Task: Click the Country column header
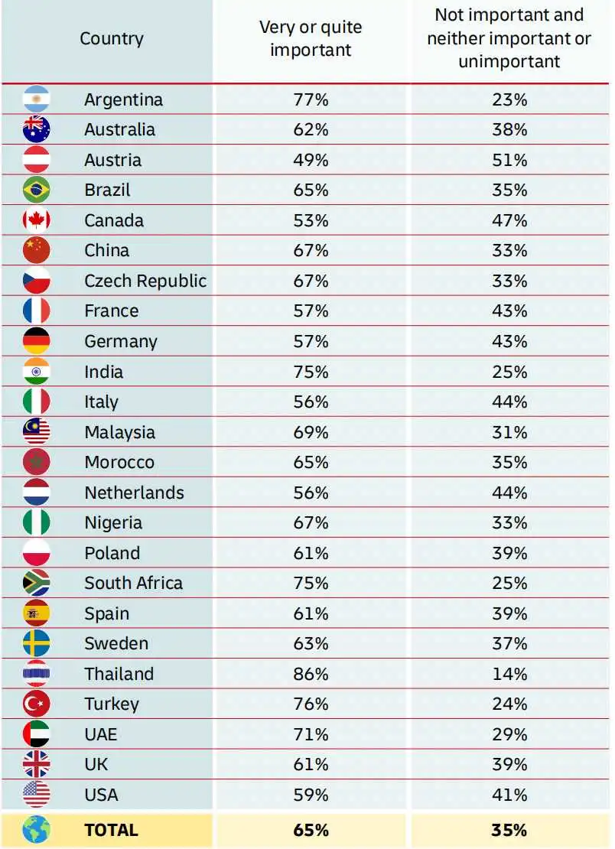click(x=112, y=39)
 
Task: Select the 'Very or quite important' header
click(x=311, y=38)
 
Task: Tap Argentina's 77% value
click(x=311, y=99)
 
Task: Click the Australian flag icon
click(x=36, y=129)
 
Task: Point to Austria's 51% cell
click(x=509, y=161)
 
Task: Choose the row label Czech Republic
click(x=145, y=281)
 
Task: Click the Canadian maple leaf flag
click(x=36, y=220)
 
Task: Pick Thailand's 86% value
click(x=311, y=674)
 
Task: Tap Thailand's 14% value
click(x=509, y=674)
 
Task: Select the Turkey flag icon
click(x=36, y=704)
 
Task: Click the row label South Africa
click(x=134, y=583)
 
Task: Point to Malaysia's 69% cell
click(x=311, y=432)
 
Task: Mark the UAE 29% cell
click(x=509, y=734)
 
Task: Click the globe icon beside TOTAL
click(x=36, y=830)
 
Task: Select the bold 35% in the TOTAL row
click(x=509, y=830)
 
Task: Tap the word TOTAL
click(x=112, y=830)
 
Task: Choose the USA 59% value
click(x=311, y=795)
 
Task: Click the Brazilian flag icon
click(x=36, y=190)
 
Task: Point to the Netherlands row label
click(x=135, y=493)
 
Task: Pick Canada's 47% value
click(x=509, y=220)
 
